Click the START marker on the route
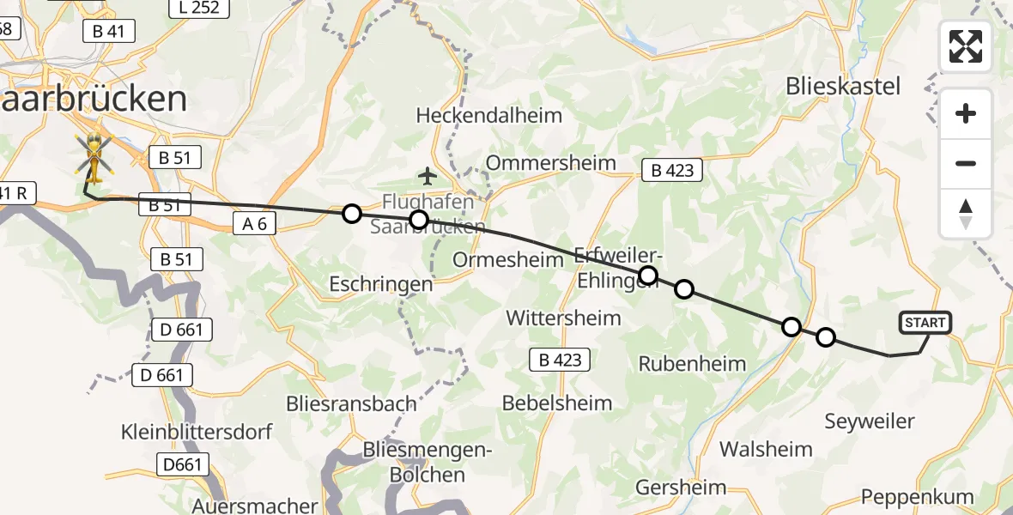pyautogui.click(x=925, y=323)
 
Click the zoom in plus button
pyautogui.click(x=966, y=114)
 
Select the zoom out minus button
pyautogui.click(x=966, y=163)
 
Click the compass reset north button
pyautogui.click(x=966, y=213)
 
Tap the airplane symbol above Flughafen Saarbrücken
pyautogui.click(x=428, y=177)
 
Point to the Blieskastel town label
pyautogui.click(x=843, y=86)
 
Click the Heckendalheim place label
pyautogui.click(x=488, y=115)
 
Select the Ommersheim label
pyautogui.click(x=551, y=162)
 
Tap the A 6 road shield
pyautogui.click(x=255, y=224)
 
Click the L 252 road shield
pyautogui.click(x=199, y=9)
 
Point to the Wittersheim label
pyautogui.click(x=563, y=318)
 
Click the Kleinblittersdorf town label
pyautogui.click(x=197, y=431)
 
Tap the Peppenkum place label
pyautogui.click(x=918, y=497)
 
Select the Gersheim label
pyautogui.click(x=681, y=488)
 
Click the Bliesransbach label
pyautogui.click(x=353, y=403)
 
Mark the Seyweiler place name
pyautogui.click(x=870, y=421)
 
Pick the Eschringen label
pyautogui.click(x=381, y=283)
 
